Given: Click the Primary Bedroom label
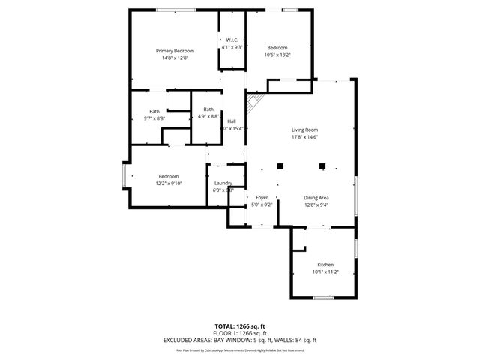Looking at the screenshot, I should pos(175,50).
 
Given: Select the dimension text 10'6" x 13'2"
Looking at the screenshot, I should pos(277,55).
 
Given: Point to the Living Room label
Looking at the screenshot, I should pos(305,130).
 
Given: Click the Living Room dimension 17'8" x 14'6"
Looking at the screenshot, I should pos(305,137).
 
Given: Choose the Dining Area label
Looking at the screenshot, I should pos(316,197).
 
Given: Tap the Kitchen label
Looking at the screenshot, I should pos(325,265).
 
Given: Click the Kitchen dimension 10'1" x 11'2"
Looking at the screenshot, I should pos(325,272).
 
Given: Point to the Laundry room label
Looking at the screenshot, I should pos(223,183).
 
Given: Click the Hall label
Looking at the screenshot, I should pos(232,121).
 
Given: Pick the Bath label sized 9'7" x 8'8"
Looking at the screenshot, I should pos(154,111).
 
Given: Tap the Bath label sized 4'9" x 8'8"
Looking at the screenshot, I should pos(208,109).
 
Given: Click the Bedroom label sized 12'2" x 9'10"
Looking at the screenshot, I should pos(168,176).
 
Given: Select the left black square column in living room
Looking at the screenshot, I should pos(280,166).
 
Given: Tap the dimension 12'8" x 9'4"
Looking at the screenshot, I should pos(316,204).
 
